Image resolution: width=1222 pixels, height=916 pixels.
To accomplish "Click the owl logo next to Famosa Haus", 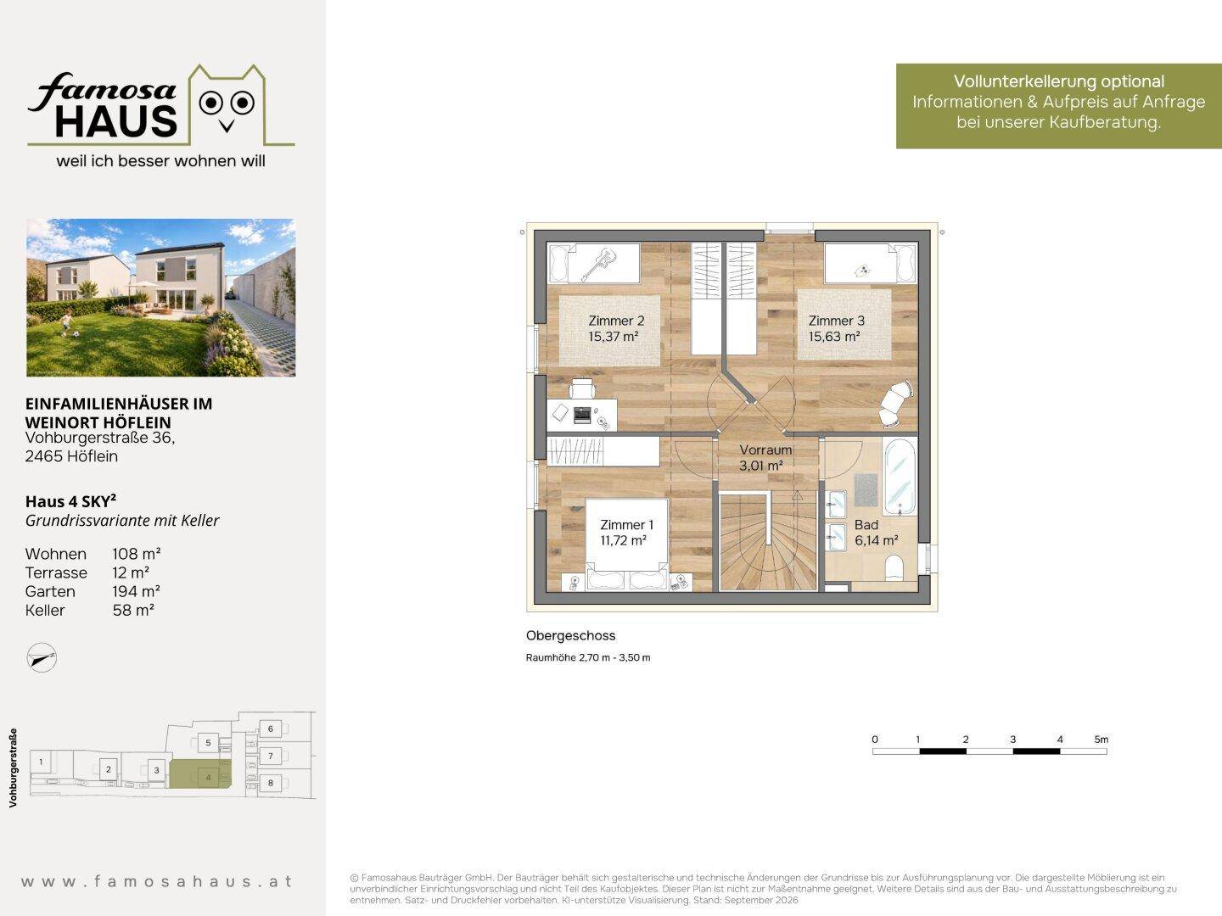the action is tap(227, 106).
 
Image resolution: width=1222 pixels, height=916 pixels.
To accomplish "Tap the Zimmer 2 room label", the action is tap(616, 321).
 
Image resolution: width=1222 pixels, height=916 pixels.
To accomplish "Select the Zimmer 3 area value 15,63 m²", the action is tap(834, 337).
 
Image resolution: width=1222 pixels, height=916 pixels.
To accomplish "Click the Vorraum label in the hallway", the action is tap(765, 450).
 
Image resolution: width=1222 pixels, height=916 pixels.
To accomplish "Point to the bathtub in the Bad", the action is tap(900, 477).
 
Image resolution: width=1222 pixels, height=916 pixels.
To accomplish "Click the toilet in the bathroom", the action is tap(894, 568).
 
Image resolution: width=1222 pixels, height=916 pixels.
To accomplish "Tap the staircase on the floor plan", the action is tap(768, 542).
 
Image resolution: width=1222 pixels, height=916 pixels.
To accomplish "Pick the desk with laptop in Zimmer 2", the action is tap(582, 415).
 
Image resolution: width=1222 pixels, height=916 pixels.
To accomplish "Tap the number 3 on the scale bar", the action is tap(1012, 739).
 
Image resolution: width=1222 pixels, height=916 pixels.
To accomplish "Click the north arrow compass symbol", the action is tap(42, 657).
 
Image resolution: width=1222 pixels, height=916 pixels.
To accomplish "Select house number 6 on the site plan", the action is tap(271, 729).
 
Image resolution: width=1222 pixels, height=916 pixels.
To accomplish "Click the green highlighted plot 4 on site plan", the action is tap(200, 774).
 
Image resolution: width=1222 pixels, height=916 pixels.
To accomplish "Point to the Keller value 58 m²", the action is tap(133, 610).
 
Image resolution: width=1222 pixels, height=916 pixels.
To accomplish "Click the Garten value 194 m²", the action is tap(137, 591).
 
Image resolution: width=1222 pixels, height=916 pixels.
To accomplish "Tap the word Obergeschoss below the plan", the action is tap(570, 635).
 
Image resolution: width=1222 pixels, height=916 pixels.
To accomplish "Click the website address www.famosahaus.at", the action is tap(156, 881).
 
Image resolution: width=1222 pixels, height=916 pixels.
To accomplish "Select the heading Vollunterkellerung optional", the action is tap(1059, 81).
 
